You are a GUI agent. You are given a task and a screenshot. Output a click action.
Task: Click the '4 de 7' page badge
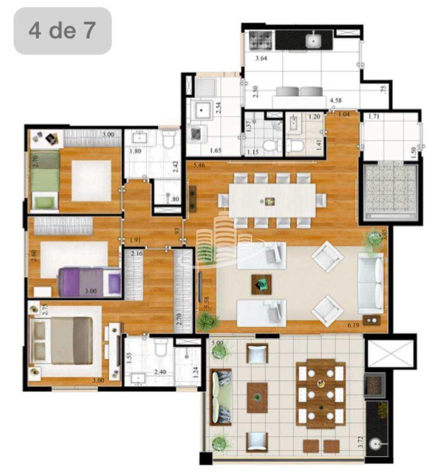pos(63,31)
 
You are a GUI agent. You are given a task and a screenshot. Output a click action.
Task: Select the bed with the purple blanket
pos(89,282)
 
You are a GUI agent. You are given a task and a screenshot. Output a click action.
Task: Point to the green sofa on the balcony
pos(222,398)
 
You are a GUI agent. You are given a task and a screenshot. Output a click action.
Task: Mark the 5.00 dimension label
pos(217,343)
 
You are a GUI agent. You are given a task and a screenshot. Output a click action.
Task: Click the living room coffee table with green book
pos(262,284)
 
